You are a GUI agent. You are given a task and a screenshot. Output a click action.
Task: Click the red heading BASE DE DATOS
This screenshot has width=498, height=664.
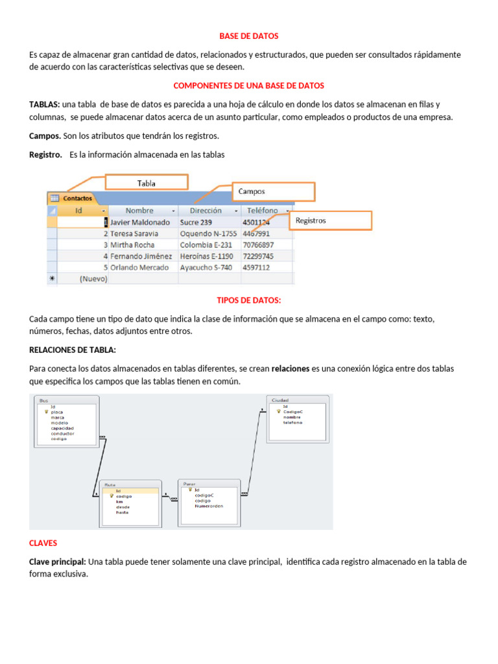tap(249, 36)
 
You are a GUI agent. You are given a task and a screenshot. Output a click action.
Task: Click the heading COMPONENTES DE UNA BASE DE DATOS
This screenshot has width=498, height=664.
tap(249, 86)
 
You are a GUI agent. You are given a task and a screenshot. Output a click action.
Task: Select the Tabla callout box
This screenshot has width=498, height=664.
tap(147, 183)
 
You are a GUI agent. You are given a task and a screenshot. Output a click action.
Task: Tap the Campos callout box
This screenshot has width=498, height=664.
tap(274, 192)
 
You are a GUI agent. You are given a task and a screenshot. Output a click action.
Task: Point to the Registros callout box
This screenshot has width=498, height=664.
tap(331, 220)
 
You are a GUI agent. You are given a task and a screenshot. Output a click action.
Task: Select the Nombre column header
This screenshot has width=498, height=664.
tap(140, 211)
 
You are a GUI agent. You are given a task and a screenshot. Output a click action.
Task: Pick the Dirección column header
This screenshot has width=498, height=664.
tap(206, 211)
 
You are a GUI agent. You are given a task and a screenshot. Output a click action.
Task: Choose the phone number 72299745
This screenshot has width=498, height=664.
tap(258, 256)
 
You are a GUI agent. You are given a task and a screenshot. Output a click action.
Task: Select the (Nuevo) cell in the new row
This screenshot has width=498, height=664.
tap(93, 279)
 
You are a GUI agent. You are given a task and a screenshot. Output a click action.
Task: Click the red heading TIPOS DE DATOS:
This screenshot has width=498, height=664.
tap(249, 300)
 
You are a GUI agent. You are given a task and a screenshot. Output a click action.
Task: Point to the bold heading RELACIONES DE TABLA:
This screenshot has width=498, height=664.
tap(73, 350)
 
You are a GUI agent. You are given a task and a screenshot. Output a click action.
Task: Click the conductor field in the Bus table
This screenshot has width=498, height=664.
tap(62, 433)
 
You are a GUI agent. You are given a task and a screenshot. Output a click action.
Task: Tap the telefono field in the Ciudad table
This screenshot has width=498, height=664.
tap(292, 422)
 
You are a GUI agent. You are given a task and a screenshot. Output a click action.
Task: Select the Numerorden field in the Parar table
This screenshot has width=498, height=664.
tap(209, 506)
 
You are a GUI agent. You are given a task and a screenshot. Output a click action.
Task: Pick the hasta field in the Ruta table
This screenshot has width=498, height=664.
tap(122, 512)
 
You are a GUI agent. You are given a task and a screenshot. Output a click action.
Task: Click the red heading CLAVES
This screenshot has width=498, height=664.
tap(43, 543)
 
